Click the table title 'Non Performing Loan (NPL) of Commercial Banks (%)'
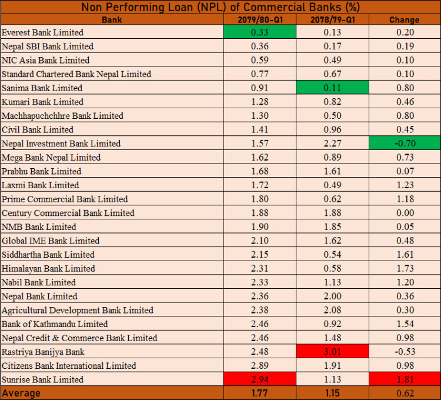tap(220, 7)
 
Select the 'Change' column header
tap(404, 19)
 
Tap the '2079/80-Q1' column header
tap(259, 19)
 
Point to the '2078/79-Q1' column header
tap(332, 19)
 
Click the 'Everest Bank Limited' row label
tap(43, 32)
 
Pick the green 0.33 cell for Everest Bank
tap(259, 32)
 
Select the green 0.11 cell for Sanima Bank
tap(332, 88)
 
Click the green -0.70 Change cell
tap(404, 144)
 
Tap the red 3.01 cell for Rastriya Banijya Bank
tap(332, 352)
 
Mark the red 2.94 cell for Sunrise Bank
tap(259, 379)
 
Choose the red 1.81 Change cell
tap(404, 379)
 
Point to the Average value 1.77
tap(259, 392)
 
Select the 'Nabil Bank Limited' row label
tap(39, 282)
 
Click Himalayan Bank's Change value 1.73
tap(404, 268)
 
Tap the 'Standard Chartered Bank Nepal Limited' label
tap(76, 74)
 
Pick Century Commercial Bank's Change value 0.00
tap(404, 213)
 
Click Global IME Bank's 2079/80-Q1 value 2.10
tap(259, 241)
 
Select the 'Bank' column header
tap(112, 19)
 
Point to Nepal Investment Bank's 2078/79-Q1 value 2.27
tap(332, 144)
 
